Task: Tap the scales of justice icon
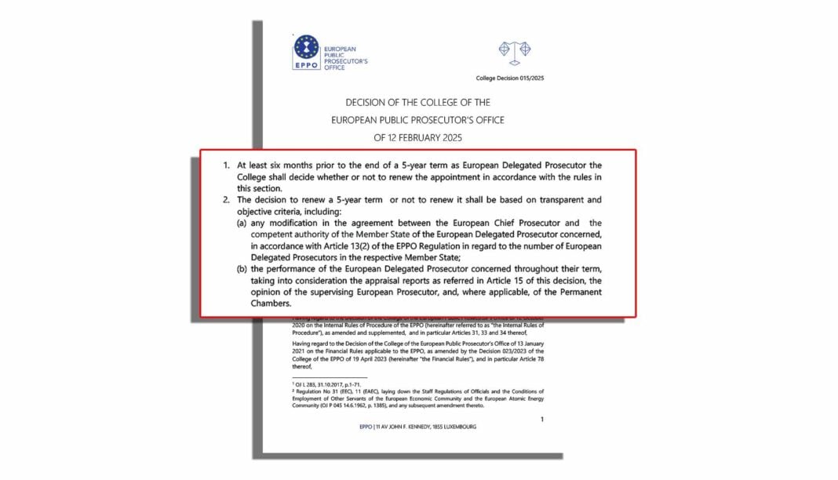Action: (515, 52)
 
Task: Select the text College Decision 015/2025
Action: (510, 78)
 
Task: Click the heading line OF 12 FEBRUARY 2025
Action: (418, 137)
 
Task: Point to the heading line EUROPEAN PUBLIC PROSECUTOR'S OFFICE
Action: (418, 120)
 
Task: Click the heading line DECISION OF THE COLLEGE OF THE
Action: (418, 103)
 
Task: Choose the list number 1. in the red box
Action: (226, 165)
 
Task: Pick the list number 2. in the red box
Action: (226, 201)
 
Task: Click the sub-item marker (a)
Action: (242, 224)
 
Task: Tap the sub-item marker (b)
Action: (242, 269)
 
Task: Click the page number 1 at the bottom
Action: (541, 420)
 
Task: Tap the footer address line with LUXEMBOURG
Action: (418, 427)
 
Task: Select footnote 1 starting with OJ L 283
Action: (319, 384)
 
